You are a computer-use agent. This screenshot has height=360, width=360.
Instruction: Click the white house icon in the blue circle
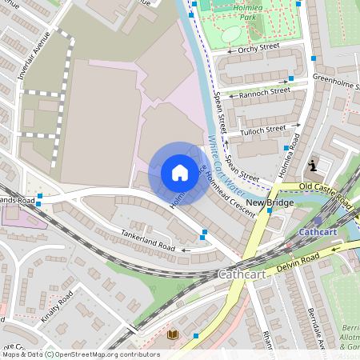(x=180, y=173)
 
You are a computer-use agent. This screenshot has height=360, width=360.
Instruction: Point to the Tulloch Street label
(x=263, y=129)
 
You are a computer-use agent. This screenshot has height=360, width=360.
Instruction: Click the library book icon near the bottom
(x=172, y=334)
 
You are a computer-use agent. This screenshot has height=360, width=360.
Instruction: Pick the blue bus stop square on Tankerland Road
(x=205, y=233)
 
